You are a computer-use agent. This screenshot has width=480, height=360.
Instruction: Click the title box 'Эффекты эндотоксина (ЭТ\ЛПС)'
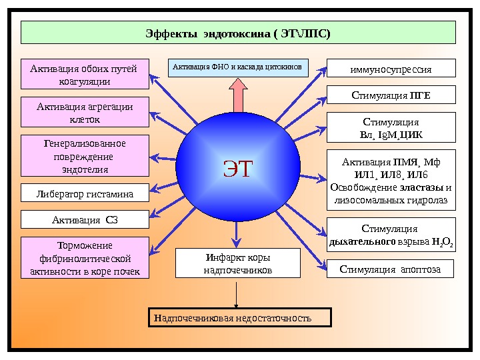click(238, 32)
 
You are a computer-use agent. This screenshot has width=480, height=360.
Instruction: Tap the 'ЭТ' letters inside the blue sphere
click(239, 168)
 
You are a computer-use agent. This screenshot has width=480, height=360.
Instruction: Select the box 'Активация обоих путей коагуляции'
click(85, 74)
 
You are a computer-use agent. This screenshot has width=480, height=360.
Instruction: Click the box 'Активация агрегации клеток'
click(85, 112)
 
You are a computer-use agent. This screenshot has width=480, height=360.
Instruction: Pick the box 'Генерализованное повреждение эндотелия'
click(85, 155)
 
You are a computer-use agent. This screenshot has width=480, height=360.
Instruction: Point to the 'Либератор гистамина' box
click(85, 194)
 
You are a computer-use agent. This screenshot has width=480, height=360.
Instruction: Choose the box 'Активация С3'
click(85, 219)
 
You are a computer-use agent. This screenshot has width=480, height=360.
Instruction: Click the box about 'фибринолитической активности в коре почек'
click(85, 257)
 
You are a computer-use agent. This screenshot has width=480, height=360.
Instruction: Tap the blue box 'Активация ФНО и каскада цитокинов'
click(238, 67)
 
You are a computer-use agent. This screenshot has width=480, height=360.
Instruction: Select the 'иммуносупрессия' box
click(391, 69)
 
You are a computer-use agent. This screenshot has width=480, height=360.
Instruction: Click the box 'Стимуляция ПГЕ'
click(391, 95)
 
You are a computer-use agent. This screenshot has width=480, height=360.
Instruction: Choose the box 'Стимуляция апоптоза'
click(391, 269)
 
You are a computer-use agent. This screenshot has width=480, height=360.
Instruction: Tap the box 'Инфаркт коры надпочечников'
click(237, 263)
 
